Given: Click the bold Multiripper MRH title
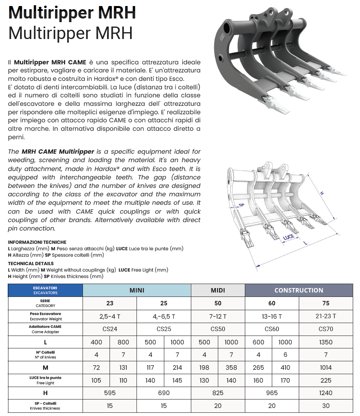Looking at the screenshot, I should click(72, 12).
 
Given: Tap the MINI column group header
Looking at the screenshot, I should click(137, 290).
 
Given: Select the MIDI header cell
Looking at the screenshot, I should click(218, 290).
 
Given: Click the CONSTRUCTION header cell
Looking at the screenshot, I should click(298, 290).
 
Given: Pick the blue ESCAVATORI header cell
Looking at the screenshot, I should click(45, 290).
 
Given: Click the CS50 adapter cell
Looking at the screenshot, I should click(218, 329).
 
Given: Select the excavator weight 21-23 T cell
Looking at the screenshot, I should click(326, 316).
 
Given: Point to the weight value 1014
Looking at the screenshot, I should click(326, 367).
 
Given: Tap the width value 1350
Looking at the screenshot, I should click(326, 342).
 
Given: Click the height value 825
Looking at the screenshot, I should click(218, 393).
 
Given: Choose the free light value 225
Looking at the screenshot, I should click(326, 380).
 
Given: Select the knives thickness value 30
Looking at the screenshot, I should click(326, 406).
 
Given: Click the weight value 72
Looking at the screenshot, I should click(96, 367).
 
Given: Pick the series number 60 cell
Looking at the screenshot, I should click(272, 303).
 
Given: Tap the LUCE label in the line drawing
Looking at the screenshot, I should click(288, 237).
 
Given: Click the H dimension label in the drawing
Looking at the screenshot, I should click(322, 193).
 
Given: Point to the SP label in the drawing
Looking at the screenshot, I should click(242, 205).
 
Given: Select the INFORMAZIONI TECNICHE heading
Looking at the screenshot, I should click(37, 242).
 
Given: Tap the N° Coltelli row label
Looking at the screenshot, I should click(45, 354).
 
